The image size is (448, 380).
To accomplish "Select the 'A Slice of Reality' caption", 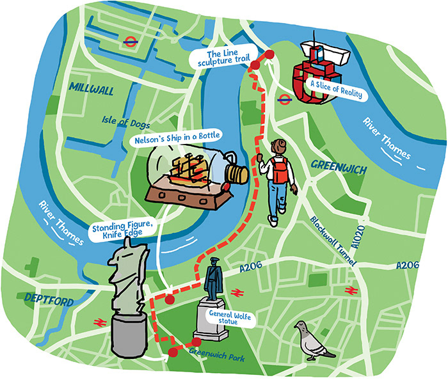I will pyautogui.click(x=335, y=94).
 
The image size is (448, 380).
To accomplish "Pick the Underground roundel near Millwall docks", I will pyautogui.click(x=130, y=42).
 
